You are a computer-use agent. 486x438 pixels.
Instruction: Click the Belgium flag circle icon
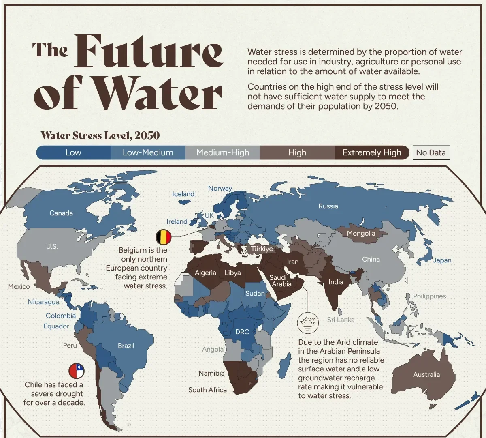(164, 236)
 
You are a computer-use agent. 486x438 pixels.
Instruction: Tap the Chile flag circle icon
(77, 371)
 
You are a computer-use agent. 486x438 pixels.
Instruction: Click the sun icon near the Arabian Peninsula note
(308, 323)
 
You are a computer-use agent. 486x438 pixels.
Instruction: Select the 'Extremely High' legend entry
(372, 152)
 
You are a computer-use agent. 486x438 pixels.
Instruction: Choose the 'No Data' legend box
(431, 152)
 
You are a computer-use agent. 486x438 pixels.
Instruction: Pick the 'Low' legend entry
(73, 152)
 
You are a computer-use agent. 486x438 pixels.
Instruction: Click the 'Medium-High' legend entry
(223, 152)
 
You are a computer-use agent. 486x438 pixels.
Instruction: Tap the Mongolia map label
(361, 233)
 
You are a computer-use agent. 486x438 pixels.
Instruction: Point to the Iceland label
(183, 194)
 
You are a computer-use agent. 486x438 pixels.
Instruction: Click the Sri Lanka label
(341, 320)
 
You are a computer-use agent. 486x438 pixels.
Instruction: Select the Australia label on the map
(426, 374)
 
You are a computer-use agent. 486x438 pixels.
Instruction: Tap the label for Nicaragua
(43, 302)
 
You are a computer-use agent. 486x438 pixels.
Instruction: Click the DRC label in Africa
(242, 332)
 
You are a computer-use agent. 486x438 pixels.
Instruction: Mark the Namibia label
(211, 373)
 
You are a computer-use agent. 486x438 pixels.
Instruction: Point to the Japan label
(442, 260)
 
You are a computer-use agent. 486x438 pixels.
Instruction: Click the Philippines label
(429, 296)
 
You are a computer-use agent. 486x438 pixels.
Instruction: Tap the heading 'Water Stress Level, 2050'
(100, 135)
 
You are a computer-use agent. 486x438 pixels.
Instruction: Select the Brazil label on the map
(126, 346)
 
